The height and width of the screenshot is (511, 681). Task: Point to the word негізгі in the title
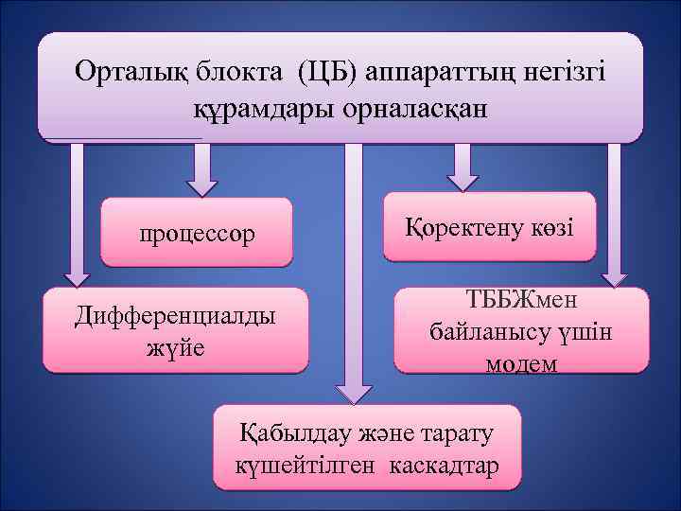558,71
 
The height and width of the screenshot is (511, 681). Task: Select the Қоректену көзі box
489,227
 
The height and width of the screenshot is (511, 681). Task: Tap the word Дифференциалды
176,315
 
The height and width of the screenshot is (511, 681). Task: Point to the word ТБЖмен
521,302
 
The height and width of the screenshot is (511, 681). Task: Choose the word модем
521,363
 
